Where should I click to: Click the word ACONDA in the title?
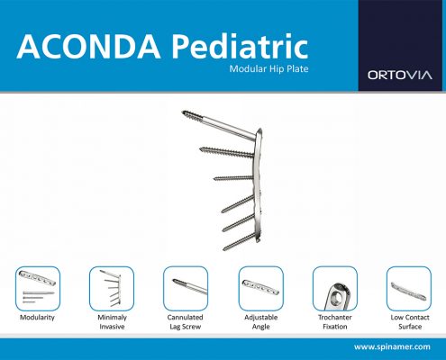click(x=89, y=47)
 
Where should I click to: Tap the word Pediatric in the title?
click(x=240, y=47)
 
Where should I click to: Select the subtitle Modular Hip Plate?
click(x=269, y=69)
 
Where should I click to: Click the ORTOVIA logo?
click(x=400, y=75)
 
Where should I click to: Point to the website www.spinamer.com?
click(x=392, y=347)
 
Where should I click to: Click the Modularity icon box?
click(x=38, y=289)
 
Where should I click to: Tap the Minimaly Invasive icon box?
click(x=112, y=289)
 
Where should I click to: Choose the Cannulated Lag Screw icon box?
click(x=186, y=289)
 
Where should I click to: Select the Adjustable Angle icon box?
click(x=261, y=289)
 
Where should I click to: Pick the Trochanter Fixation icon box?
click(x=335, y=289)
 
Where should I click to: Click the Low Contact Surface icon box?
click(x=409, y=289)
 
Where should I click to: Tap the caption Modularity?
click(x=37, y=318)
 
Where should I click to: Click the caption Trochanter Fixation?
click(x=335, y=322)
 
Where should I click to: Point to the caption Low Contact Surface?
click(x=410, y=322)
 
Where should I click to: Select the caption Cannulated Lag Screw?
click(x=186, y=322)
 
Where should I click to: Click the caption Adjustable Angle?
click(x=261, y=322)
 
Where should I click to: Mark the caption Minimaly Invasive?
click(x=112, y=322)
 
